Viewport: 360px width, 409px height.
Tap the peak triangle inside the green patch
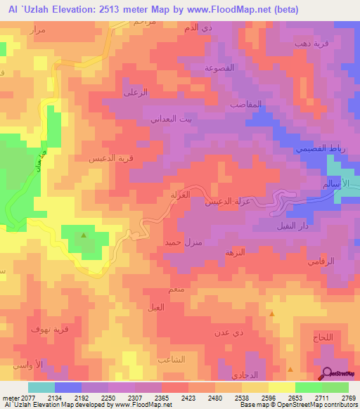[84, 235]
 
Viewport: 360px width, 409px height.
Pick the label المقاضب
[246, 103]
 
